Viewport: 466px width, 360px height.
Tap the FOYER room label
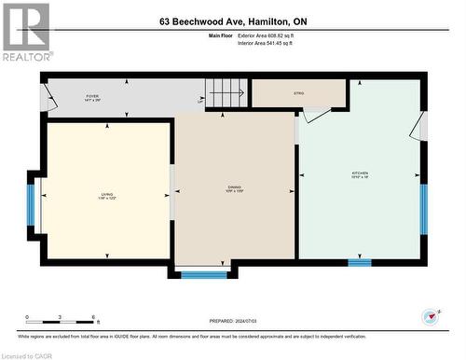[x=92, y=97]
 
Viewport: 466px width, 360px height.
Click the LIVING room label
[x=107, y=196]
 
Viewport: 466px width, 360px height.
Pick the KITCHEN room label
[x=360, y=174]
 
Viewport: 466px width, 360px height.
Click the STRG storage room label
[x=298, y=93]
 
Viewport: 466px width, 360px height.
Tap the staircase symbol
[x=227, y=93]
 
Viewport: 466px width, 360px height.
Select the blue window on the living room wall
[x=31, y=206]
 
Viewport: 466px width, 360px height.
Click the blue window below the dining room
[x=203, y=274]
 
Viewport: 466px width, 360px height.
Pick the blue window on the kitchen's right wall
[x=423, y=208]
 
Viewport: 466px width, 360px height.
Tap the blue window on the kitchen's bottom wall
[x=360, y=263]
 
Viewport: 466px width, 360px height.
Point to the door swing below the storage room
[x=315, y=116]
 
